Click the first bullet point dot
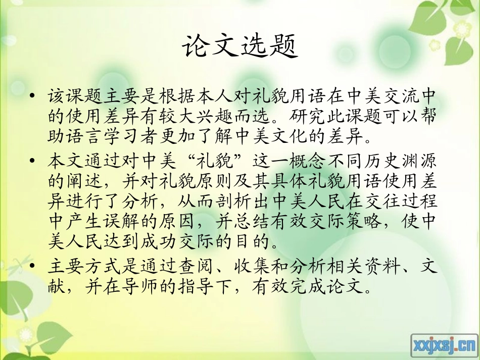tap(33, 95)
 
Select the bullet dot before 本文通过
tap(33, 161)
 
